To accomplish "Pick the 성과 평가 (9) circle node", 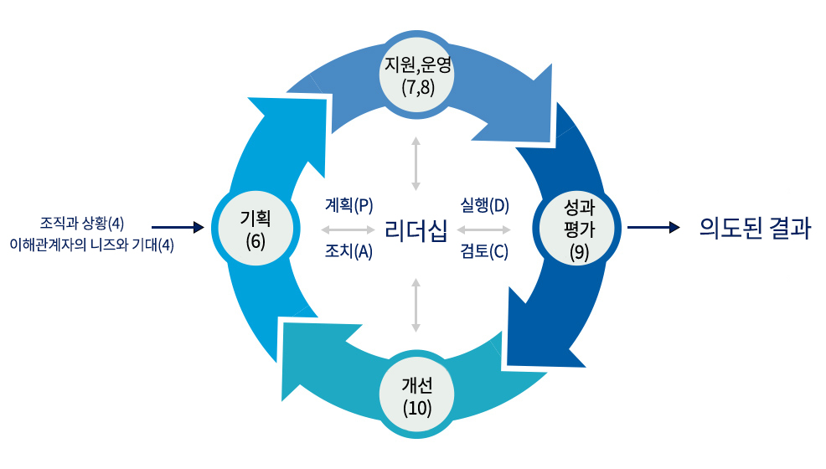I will [579, 228].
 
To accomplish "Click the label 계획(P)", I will [348, 205].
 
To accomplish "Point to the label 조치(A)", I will [348, 251].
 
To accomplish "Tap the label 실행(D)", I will [485, 205].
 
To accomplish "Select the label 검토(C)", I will [484, 251].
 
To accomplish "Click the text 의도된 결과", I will [755, 228].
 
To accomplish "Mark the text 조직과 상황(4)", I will [82, 223].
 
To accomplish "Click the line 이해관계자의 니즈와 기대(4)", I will [91, 246].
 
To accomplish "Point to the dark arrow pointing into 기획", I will [178, 227].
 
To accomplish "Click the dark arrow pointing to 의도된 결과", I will [653, 227].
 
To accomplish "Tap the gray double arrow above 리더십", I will [416, 162].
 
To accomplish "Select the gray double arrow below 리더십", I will [416, 306].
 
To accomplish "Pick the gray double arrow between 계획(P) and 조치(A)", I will [348, 229].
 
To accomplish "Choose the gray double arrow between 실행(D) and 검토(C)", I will [484, 229].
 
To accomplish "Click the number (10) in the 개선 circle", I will [416, 409].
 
